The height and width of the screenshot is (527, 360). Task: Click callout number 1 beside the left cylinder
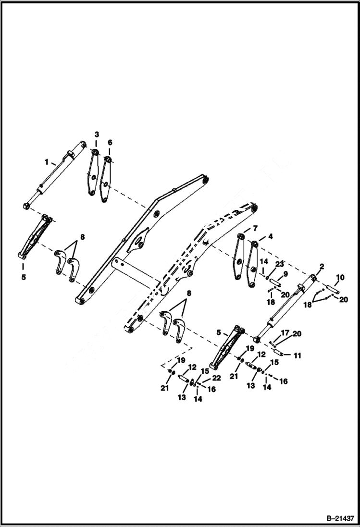click(x=47, y=162)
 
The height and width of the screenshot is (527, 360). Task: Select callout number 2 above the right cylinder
click(x=322, y=266)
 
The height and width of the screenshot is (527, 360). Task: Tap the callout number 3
click(x=96, y=133)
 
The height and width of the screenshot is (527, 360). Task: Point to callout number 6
click(x=110, y=142)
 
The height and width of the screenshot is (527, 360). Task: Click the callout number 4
click(x=271, y=236)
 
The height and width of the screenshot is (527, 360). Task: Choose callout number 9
click(x=285, y=274)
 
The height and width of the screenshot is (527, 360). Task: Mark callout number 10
click(x=340, y=277)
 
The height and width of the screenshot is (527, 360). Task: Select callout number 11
click(x=298, y=355)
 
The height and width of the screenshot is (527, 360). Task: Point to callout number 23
click(x=279, y=264)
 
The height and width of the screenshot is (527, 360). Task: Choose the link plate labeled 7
click(x=237, y=257)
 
